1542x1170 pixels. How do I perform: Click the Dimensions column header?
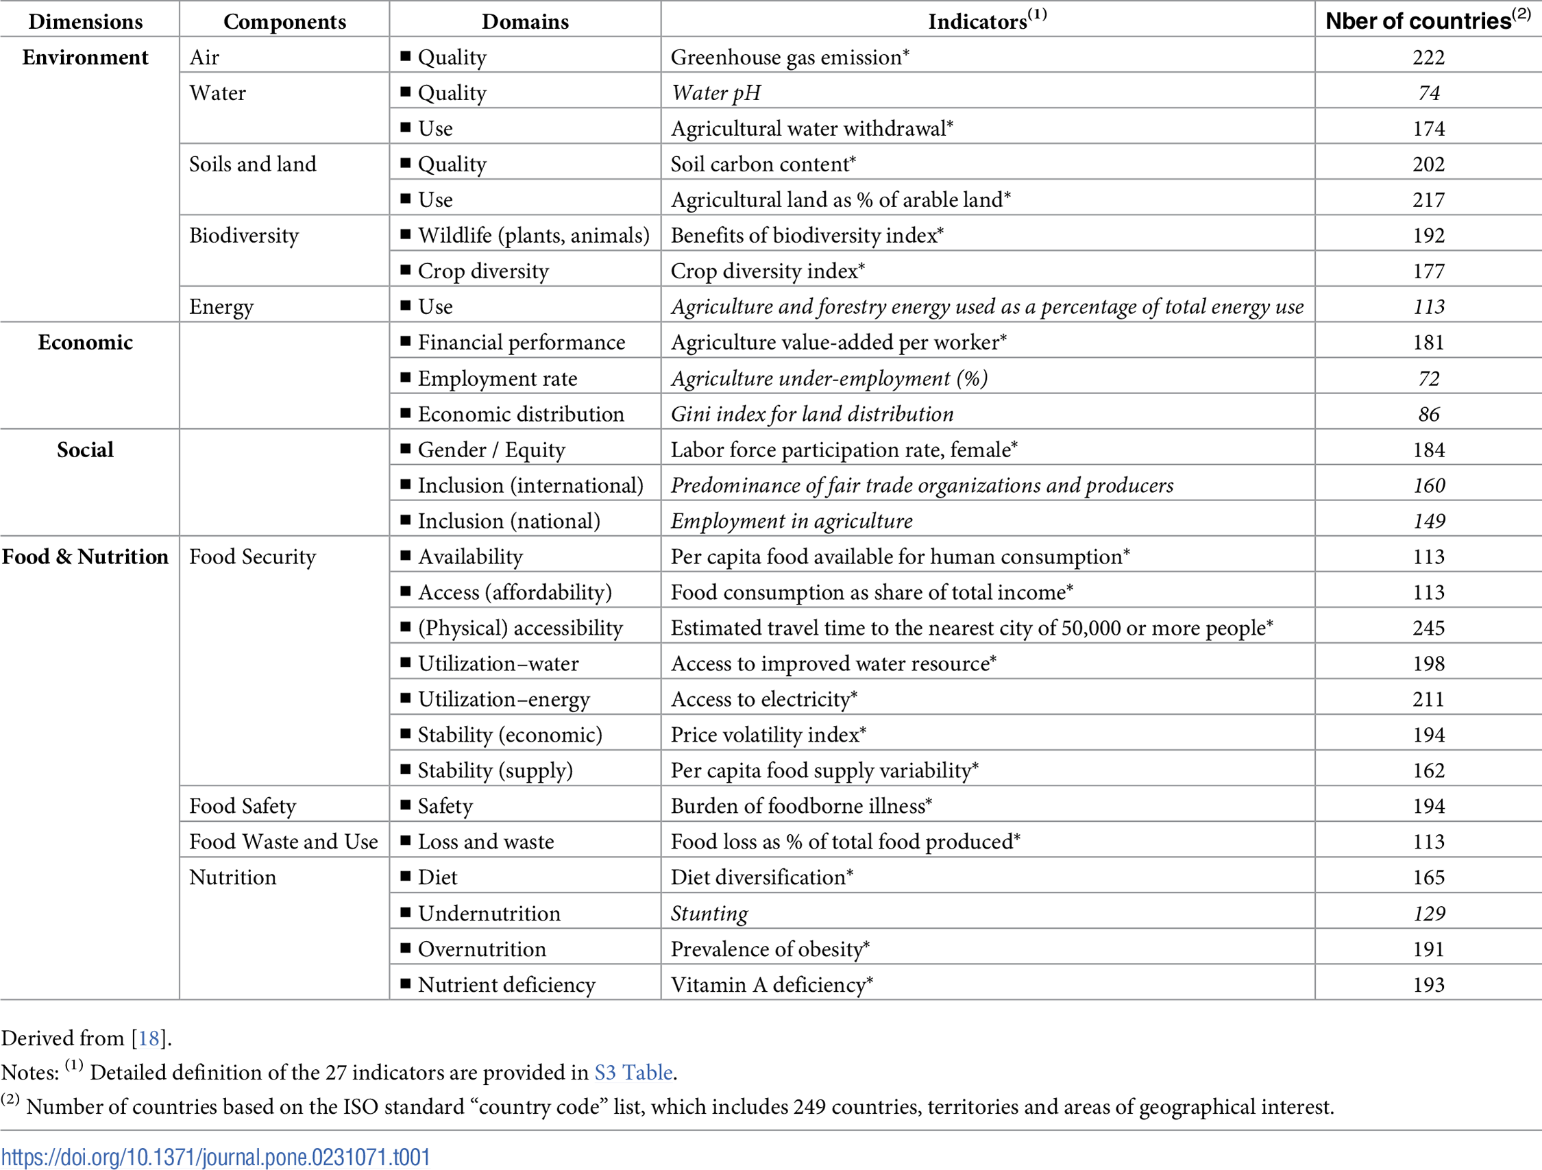[86, 22]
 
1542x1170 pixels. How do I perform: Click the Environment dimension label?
[85, 57]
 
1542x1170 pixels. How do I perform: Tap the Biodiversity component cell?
[243, 236]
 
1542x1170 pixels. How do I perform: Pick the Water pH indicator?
[715, 93]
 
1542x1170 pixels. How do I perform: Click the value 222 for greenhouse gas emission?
[1428, 57]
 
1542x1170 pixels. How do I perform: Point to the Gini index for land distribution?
[811, 414]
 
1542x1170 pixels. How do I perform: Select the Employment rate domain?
[497, 378]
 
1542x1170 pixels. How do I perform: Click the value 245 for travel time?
[1428, 629]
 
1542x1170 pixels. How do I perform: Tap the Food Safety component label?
[243, 806]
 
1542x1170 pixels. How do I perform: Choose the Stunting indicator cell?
[709, 914]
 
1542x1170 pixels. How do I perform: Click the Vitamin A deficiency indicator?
[771, 984]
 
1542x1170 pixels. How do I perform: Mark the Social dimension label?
[85, 450]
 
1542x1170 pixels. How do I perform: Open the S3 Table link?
[633, 1073]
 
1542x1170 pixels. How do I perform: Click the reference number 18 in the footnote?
[149, 1039]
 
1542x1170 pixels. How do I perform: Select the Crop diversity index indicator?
[767, 271]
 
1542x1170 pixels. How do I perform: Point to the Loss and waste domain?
[485, 842]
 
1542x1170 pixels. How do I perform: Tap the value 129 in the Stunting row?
[1428, 914]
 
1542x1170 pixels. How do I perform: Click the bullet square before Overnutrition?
[405, 947]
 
